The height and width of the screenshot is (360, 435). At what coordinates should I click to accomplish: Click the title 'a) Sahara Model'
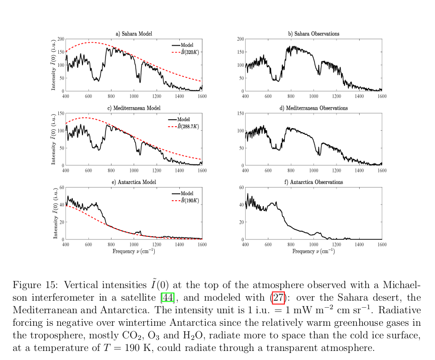coord(134,34)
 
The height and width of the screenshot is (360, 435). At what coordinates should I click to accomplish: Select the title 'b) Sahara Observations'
coord(313,34)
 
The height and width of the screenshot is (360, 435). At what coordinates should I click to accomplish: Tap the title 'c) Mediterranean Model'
coord(134,108)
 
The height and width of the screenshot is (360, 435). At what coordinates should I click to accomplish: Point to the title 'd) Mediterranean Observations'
coord(313,108)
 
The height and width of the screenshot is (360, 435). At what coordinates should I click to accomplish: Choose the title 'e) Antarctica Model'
coord(134,182)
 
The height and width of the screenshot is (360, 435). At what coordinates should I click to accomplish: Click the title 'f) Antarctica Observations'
coord(313,182)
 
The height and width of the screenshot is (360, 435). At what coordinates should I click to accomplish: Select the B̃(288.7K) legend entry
coord(186,126)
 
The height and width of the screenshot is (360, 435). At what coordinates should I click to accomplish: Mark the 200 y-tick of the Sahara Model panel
coord(61,39)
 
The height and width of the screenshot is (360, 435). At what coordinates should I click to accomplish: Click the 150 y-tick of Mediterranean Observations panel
coord(241,113)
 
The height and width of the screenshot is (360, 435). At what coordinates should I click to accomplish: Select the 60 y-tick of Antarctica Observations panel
coord(242,187)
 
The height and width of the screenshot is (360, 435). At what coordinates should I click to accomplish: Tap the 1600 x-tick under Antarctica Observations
coord(382,244)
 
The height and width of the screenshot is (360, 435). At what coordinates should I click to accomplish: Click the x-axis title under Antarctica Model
coord(134,250)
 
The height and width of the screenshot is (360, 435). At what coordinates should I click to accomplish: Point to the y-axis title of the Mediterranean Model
coord(53,139)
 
